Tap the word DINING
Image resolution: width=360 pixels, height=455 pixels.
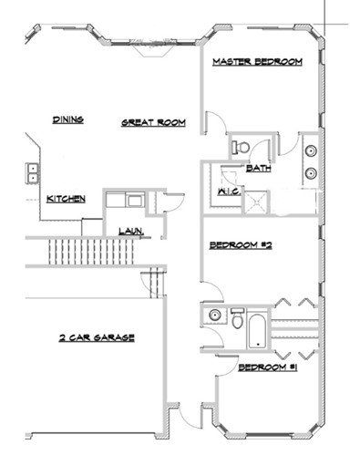coord(69,119)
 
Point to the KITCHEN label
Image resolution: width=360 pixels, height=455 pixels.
coord(66,198)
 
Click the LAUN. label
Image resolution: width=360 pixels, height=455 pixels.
coord(130,232)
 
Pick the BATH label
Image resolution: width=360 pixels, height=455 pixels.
coord(258,168)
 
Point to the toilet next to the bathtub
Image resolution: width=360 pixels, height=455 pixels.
coord(236,320)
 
